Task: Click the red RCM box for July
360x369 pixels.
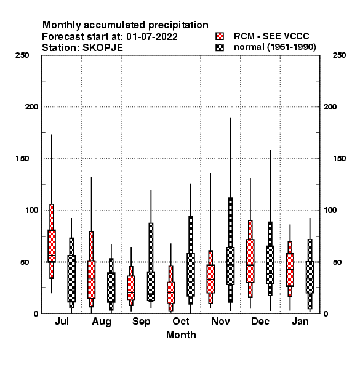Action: click(52, 246)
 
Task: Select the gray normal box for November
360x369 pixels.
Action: click(230, 266)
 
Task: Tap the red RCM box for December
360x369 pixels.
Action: click(250, 261)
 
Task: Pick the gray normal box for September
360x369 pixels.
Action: click(151, 287)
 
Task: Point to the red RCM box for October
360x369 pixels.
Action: click(170, 293)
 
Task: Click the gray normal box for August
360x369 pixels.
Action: click(111, 287)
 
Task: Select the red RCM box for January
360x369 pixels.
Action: click(290, 270)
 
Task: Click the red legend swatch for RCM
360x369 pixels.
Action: click(220, 36)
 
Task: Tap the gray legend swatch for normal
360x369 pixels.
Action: click(220, 47)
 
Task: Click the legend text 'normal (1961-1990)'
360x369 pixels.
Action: click(274, 47)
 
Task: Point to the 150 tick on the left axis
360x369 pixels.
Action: click(22, 159)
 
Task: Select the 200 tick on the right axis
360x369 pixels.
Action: click(330, 107)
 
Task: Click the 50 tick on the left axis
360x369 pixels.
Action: click(25, 262)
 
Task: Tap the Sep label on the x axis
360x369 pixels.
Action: click(141, 322)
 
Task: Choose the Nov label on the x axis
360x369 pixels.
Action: click(220, 322)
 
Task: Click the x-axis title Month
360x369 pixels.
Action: click(181, 335)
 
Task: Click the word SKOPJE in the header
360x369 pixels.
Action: click(103, 48)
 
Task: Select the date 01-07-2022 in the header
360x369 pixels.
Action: click(152, 37)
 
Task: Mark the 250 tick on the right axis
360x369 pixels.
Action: click(339, 55)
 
